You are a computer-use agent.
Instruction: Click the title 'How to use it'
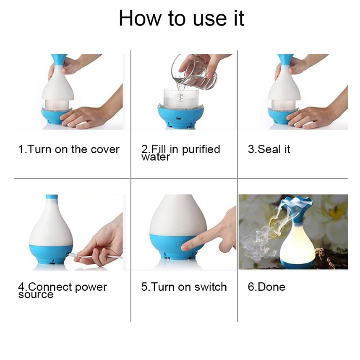pos(181,18)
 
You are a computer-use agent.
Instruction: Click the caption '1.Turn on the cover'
pos(69,149)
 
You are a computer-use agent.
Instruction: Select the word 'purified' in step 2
pos(201,150)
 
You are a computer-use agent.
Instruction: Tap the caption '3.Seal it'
pos(269,149)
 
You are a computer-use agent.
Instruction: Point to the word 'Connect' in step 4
pos(50,287)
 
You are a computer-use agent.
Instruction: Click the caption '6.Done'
pos(266,287)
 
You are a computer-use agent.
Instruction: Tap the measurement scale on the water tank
pos(181,98)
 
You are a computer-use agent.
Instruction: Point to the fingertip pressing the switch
pos(185,247)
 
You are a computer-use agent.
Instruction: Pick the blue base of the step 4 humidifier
pos(51,254)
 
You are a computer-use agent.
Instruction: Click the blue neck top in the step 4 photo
pos(52,197)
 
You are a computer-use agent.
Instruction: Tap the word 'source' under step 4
pos(36,295)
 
